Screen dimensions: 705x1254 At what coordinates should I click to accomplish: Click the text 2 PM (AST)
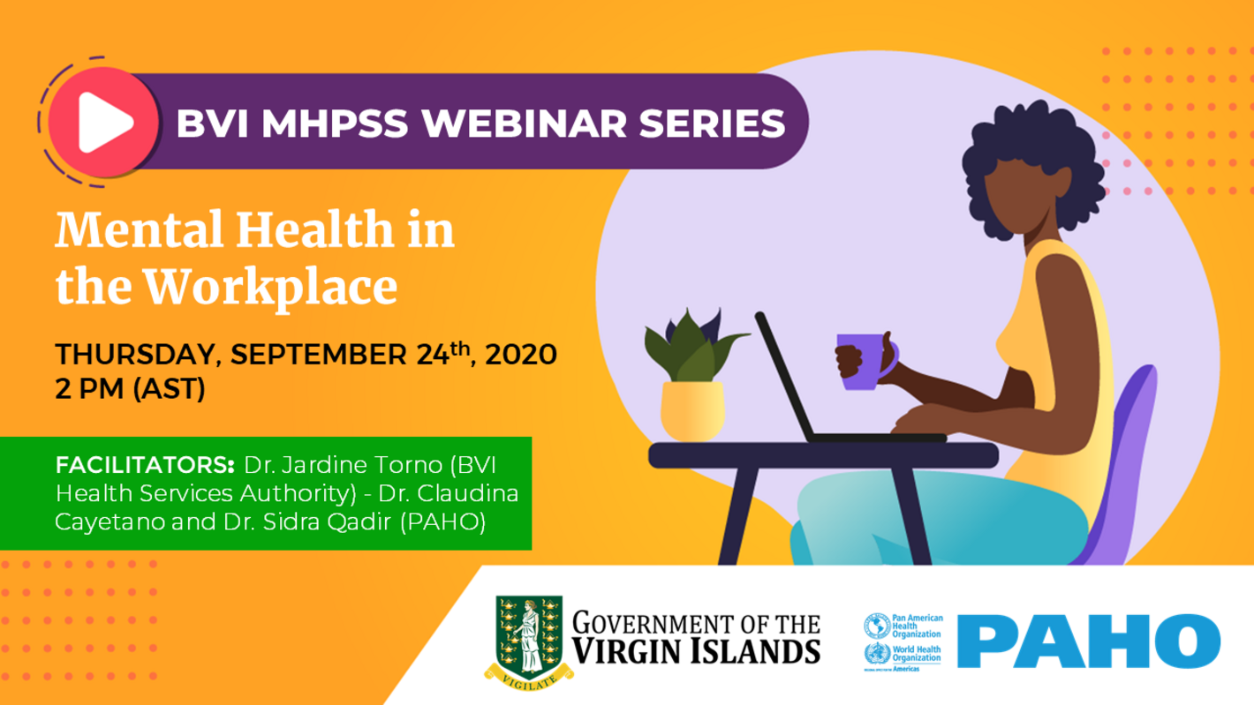[130, 388]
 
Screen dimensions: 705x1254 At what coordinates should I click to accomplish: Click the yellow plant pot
[693, 409]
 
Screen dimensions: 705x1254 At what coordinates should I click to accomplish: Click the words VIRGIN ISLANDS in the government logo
[696, 651]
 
